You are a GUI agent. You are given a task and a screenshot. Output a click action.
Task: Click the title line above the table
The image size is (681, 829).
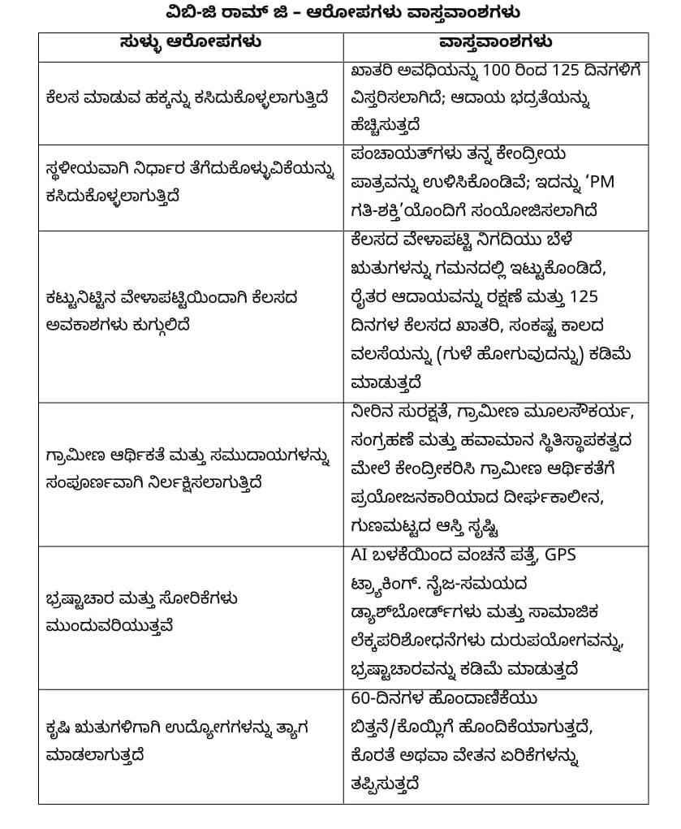point(340,13)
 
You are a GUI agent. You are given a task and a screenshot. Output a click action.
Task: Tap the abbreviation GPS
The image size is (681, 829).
point(565,555)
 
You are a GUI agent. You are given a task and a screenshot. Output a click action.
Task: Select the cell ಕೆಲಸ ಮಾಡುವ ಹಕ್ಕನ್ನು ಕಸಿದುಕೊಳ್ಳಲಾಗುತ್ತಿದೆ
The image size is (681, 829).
point(188,98)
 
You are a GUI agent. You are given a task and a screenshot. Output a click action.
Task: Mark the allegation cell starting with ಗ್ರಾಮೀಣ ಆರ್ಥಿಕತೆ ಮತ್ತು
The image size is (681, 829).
point(188,470)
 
